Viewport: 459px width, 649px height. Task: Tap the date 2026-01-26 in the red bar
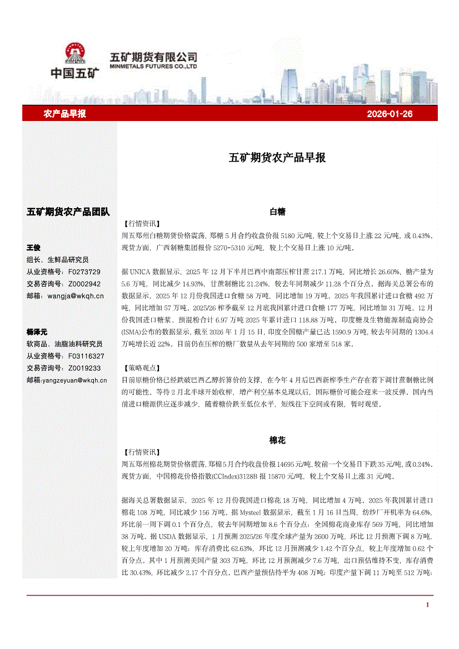tap(390, 114)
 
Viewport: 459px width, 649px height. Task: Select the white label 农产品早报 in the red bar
tap(64, 114)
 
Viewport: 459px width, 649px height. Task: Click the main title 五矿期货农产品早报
tap(277, 158)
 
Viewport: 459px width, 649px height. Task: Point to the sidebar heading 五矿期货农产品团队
tap(68, 212)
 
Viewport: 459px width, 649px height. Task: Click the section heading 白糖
tap(277, 212)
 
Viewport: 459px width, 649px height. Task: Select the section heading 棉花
tap(277, 440)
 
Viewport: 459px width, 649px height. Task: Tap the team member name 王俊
tap(33, 248)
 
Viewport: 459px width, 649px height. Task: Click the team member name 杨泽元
tap(37, 331)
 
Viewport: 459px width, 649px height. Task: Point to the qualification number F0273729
tap(84, 272)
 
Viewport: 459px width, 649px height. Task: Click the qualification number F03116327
tap(86, 356)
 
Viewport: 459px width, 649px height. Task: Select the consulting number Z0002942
tap(84, 284)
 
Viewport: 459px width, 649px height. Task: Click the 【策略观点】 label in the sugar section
tap(140, 368)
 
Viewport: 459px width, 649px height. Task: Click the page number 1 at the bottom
tap(427, 605)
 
